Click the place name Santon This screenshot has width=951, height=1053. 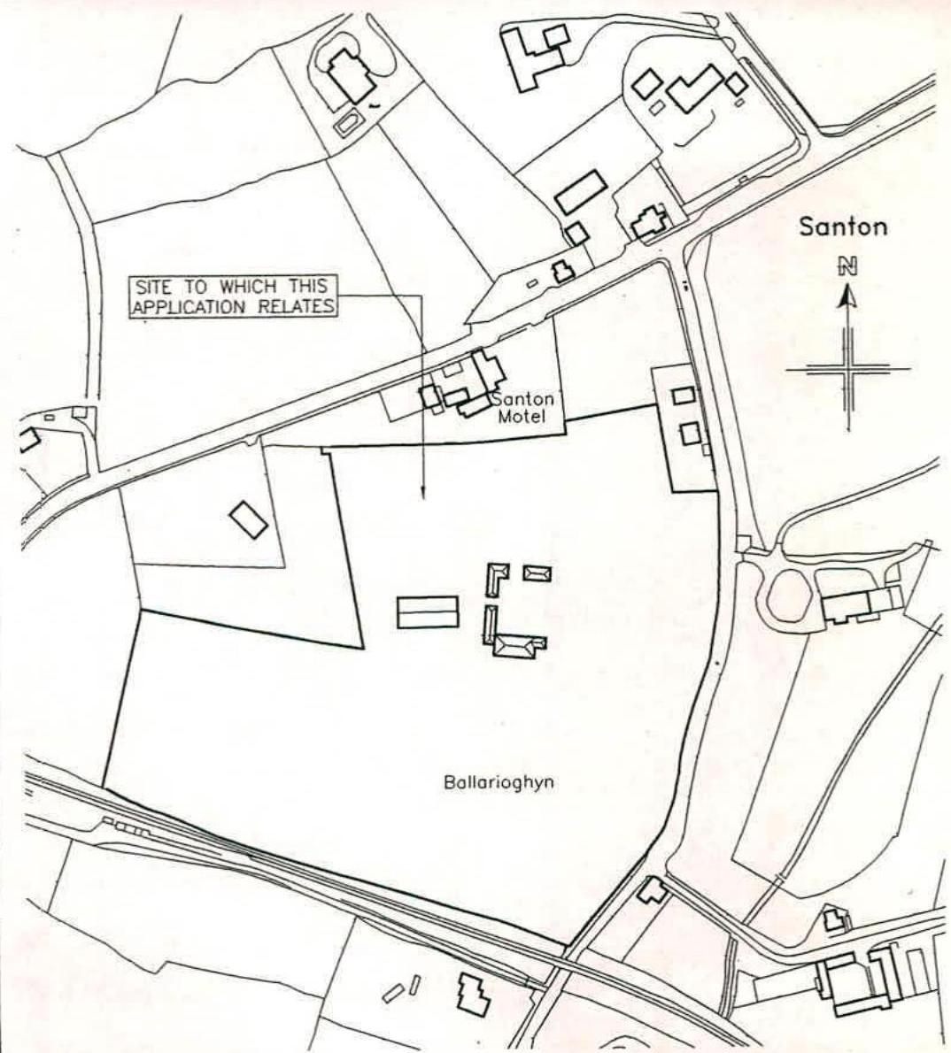pos(842,226)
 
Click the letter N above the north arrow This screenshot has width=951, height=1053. pos(848,265)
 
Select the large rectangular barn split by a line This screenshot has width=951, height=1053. pos(428,612)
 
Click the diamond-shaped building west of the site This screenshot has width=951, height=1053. pos(249,519)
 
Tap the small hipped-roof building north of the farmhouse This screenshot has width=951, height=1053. pos(537,573)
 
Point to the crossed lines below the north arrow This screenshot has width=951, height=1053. pos(848,369)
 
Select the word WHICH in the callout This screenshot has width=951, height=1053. pos(242,288)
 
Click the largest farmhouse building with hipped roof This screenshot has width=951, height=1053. pos(516,647)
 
